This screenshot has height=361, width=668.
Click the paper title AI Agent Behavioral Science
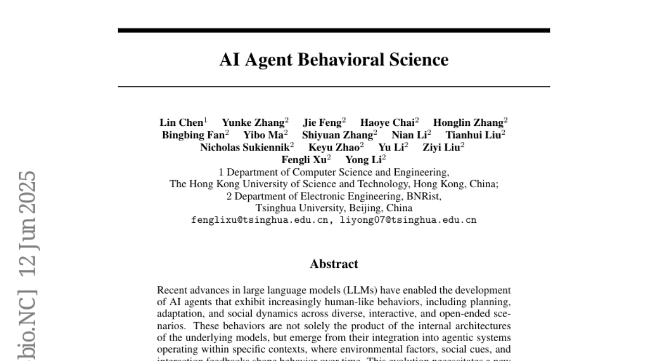click(x=333, y=60)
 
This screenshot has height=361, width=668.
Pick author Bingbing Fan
click(x=193, y=135)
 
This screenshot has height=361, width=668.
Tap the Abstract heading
click(x=333, y=264)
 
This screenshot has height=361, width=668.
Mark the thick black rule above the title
click(x=333, y=31)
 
